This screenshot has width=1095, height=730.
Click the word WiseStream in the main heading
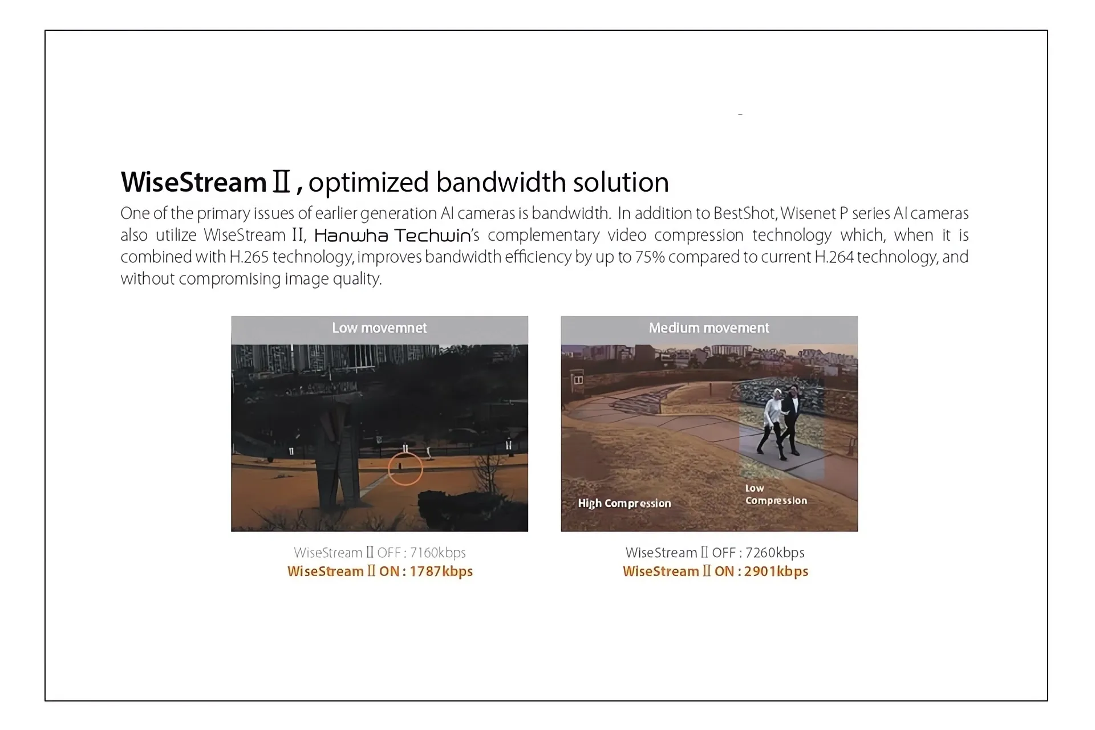(x=194, y=182)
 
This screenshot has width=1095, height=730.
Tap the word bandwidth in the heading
(x=501, y=182)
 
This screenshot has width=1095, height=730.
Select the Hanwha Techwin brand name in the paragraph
(x=393, y=236)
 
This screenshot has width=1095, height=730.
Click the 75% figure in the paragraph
(x=650, y=257)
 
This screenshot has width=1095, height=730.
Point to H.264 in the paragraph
(x=834, y=257)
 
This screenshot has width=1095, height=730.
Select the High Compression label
(x=624, y=504)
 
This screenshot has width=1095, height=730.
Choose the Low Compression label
(x=776, y=494)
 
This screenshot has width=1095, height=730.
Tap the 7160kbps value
(x=438, y=553)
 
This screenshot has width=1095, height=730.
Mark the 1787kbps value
(x=441, y=571)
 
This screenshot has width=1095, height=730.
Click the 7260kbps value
(x=775, y=553)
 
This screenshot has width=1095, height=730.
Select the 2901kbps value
(x=776, y=571)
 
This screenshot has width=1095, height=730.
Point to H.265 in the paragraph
(x=249, y=257)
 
